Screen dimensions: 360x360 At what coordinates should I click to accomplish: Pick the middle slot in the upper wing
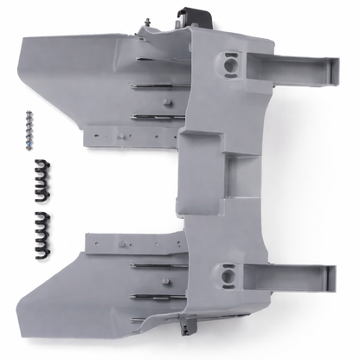(156, 87)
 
